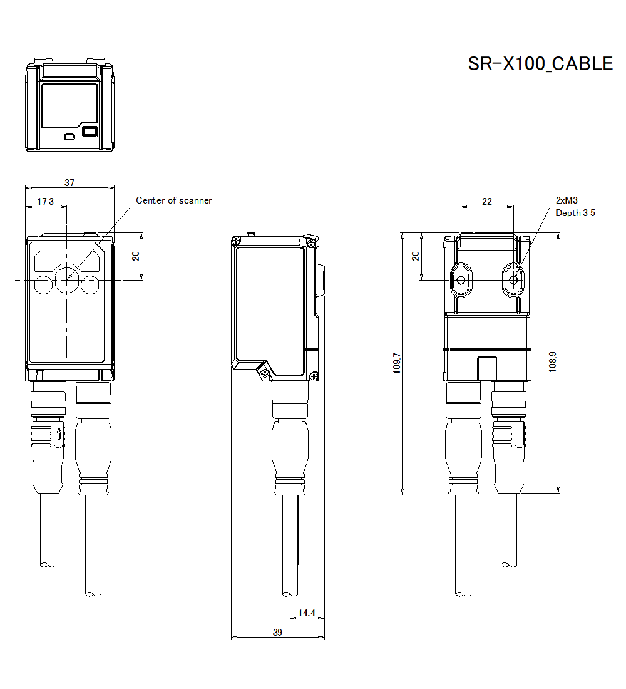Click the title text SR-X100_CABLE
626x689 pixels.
click(x=540, y=64)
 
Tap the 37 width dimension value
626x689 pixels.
click(x=69, y=182)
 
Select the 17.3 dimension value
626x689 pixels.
click(x=45, y=202)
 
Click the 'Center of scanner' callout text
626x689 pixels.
click(x=174, y=200)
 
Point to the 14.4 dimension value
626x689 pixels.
click(x=306, y=613)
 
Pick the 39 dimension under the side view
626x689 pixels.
click(x=277, y=633)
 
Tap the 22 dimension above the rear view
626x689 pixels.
click(x=487, y=201)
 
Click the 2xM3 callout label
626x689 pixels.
click(x=567, y=200)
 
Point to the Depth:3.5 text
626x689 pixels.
click(x=575, y=213)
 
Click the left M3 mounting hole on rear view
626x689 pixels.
click(x=461, y=280)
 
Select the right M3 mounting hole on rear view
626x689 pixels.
click(x=514, y=280)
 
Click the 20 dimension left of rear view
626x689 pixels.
click(x=414, y=256)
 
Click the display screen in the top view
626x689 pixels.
click(x=69, y=105)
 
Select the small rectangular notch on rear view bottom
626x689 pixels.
click(x=486, y=368)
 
